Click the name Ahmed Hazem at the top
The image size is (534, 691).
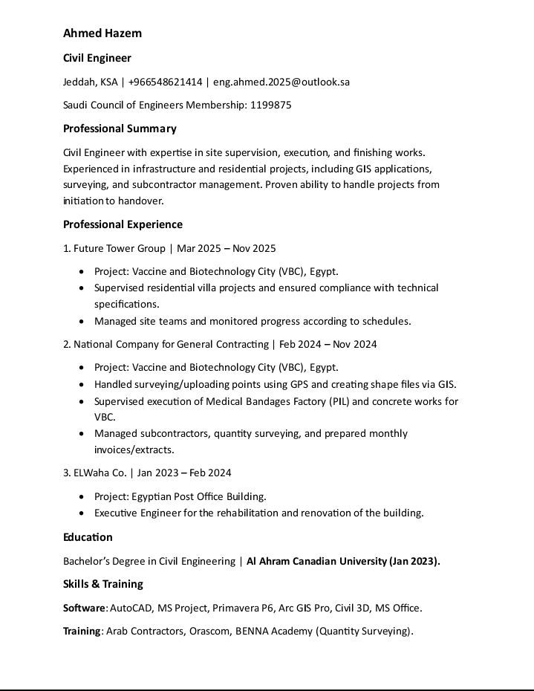tap(102, 33)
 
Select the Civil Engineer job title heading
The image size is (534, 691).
tap(97, 58)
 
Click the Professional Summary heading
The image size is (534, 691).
tap(120, 129)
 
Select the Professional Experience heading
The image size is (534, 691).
tap(123, 224)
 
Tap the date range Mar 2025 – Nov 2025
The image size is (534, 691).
tap(227, 248)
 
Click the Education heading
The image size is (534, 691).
tap(88, 537)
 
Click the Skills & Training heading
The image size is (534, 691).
tap(103, 584)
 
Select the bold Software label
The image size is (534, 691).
tap(84, 608)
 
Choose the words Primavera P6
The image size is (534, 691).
tap(243, 608)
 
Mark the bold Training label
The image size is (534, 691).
tap(82, 632)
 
